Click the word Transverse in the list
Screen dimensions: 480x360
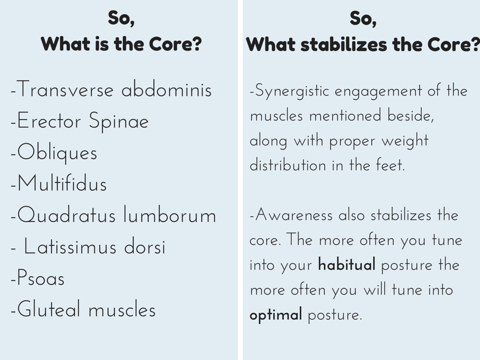click(65, 89)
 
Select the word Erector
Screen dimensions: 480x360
click(49, 120)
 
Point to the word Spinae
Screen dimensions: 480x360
click(119, 122)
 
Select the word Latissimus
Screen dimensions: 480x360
click(70, 247)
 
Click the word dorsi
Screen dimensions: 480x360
click(144, 247)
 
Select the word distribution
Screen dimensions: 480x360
click(288, 165)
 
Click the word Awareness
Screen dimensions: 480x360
click(294, 215)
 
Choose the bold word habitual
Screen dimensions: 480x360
click(346, 264)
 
